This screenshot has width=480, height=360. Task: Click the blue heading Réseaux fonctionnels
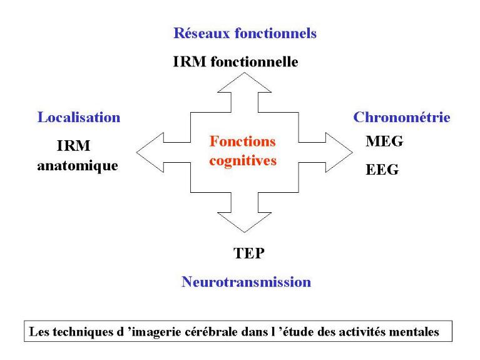(x=245, y=34)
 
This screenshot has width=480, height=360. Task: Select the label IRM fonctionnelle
(x=236, y=62)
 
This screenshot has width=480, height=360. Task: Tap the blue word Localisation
(x=79, y=117)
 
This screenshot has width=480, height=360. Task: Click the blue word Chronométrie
(x=402, y=117)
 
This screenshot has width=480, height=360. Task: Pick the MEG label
(x=384, y=141)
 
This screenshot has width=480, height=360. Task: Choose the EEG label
(x=382, y=169)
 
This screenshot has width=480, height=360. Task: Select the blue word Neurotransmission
(x=246, y=282)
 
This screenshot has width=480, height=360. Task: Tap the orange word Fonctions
(x=243, y=141)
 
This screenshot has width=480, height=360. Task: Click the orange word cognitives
(x=243, y=160)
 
